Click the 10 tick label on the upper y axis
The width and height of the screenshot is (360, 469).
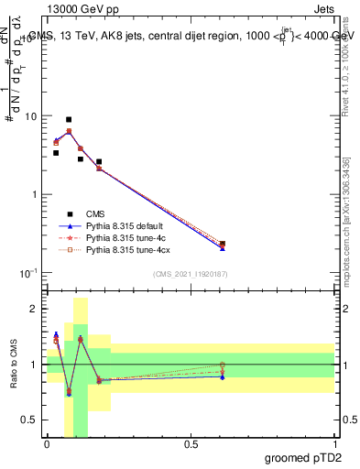pos(31,116)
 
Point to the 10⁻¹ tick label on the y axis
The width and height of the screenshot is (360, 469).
pos(29,273)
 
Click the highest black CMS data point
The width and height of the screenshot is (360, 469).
pos(69,119)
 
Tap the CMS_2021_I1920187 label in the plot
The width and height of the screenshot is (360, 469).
pos(191,274)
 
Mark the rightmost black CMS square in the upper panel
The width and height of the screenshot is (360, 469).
pos(223,244)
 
